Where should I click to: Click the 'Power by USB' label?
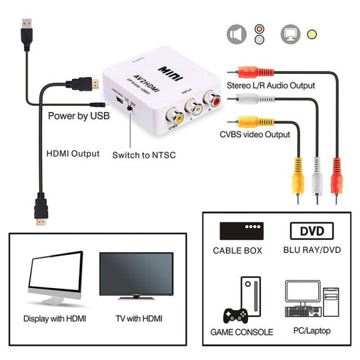(x=79, y=114)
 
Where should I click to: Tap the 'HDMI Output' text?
(x=73, y=153)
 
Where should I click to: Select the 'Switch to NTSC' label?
(x=143, y=155)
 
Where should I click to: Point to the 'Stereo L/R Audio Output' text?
(x=271, y=86)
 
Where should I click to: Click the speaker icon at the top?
(x=235, y=34)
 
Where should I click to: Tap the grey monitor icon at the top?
(x=290, y=34)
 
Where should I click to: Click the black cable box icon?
(x=237, y=231)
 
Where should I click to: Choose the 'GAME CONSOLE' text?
(x=241, y=332)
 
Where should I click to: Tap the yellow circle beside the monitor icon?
(x=313, y=34)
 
